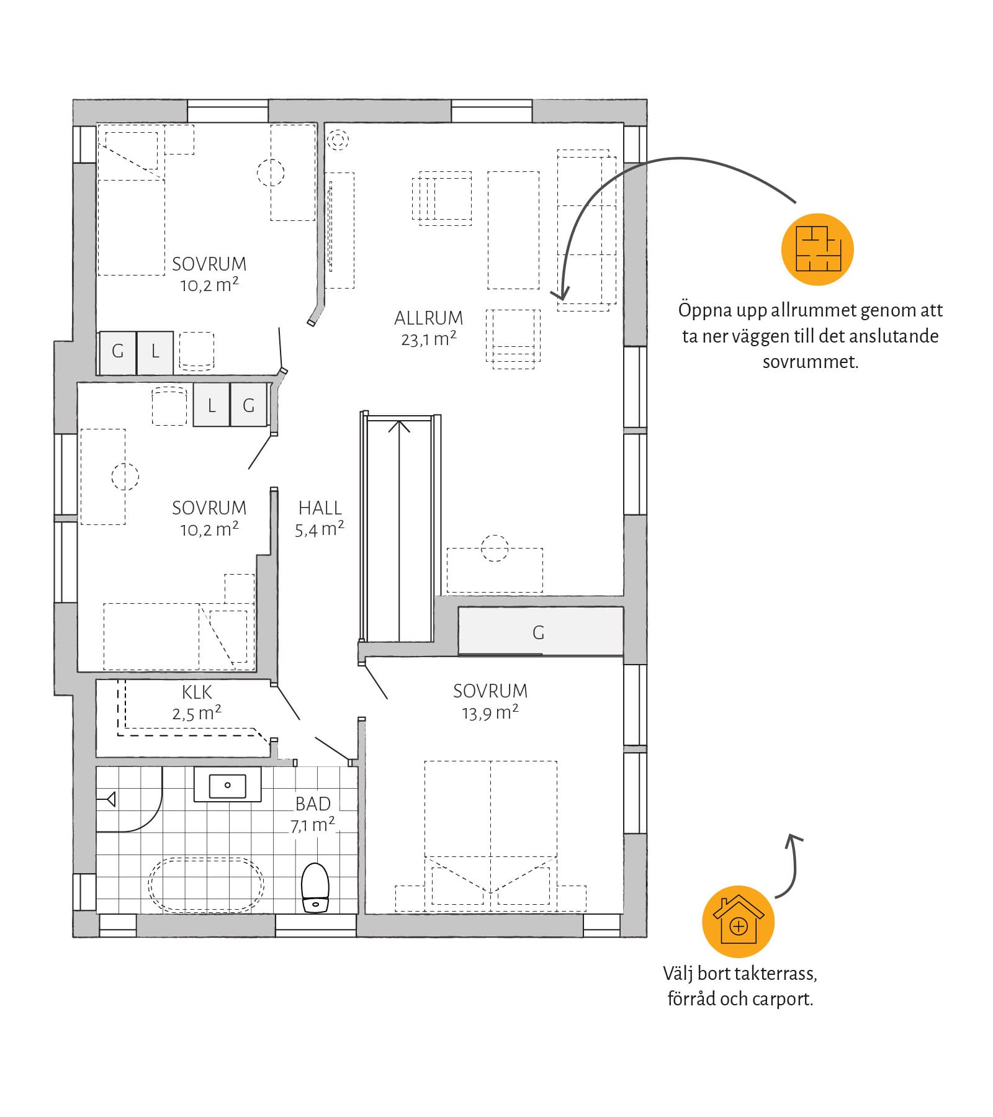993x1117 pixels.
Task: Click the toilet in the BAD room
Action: pos(315,887)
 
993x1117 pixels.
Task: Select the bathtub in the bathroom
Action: pos(206,885)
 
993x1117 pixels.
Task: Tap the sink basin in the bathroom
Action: pos(228,785)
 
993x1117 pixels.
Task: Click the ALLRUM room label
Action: pos(429,318)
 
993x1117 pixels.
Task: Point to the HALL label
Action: pos(320,508)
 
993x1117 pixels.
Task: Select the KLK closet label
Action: pos(197,693)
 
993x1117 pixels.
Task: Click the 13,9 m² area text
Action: pos(490,713)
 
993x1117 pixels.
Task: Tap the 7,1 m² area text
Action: pos(313,825)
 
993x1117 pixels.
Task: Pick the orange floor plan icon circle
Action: pos(818,249)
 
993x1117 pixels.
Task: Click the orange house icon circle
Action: pos(739,922)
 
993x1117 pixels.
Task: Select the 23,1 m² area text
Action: pos(429,339)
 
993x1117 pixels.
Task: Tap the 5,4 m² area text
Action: pos(320,529)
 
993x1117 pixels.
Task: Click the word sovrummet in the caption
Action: pos(811,362)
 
